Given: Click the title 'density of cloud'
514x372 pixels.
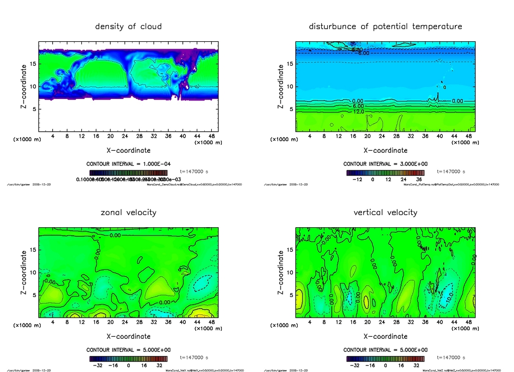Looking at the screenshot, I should [x=128, y=26].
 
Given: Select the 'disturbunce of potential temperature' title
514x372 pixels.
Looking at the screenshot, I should [x=385, y=26].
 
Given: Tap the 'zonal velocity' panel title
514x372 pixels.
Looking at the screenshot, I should [x=128, y=212].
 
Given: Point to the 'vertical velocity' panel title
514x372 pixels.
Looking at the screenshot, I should [x=385, y=212].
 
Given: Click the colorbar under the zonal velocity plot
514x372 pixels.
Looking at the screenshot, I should [x=128, y=359].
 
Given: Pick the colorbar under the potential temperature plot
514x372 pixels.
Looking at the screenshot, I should [x=385, y=172].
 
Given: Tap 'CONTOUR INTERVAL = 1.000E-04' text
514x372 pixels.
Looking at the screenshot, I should [x=128, y=164].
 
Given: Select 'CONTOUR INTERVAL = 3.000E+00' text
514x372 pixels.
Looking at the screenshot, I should [x=385, y=164].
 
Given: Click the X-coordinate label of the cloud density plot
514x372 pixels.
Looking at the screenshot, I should [x=128, y=150].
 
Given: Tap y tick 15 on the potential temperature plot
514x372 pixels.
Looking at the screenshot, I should [x=290, y=64].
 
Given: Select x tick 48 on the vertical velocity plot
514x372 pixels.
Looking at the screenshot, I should [x=468, y=322].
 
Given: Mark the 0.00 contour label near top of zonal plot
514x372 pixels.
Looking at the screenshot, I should [x=115, y=235].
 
